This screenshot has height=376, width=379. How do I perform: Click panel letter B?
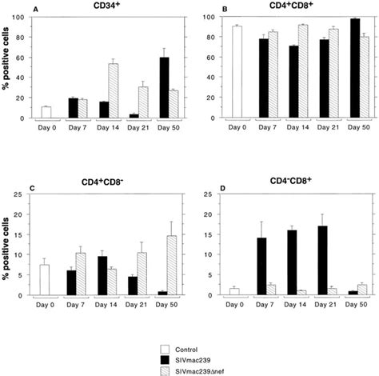[217, 8]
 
